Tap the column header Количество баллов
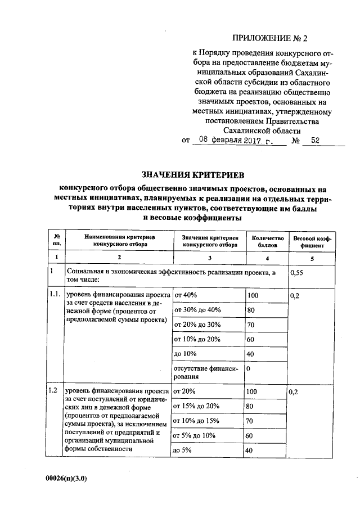[x=267, y=241]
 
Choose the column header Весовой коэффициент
[x=313, y=241]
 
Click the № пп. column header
[x=56, y=241]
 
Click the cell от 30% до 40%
[x=198, y=310]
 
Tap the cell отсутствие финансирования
[x=205, y=372]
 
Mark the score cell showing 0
[x=249, y=368]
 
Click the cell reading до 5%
[x=183, y=451]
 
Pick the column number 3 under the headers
[x=209, y=258]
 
